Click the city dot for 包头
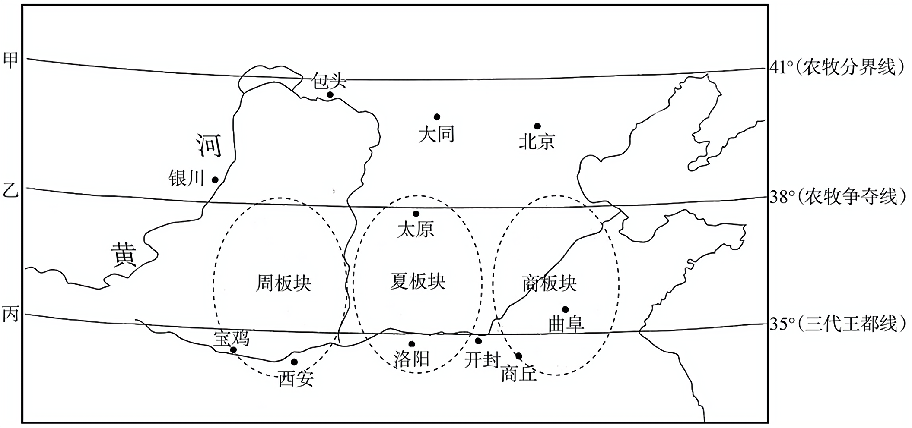coord(330,94)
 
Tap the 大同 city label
coord(436,134)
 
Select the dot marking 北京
coord(537,126)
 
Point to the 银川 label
coord(187,178)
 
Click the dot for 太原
coord(416,214)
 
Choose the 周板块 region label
coord(283,283)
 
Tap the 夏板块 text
coord(418,281)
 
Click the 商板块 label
coord(549,283)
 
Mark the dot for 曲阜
coord(565,309)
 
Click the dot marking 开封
coord(478,341)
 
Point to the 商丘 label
coord(518,374)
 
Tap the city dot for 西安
coord(294,362)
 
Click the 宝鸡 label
coord(232,339)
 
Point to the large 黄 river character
coord(124,254)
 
